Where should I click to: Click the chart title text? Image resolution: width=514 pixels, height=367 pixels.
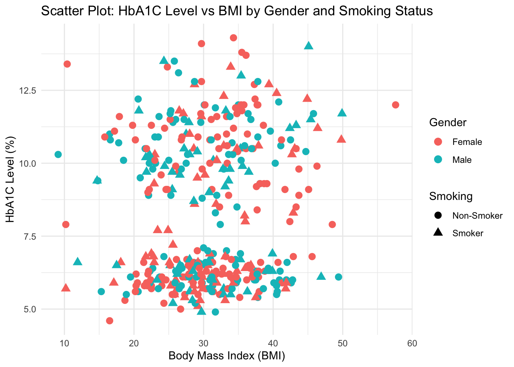237,11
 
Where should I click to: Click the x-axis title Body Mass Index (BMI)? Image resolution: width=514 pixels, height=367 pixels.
227,356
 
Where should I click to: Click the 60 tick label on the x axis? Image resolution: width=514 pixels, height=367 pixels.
412,343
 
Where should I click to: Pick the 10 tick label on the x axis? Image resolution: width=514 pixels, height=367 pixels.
64,343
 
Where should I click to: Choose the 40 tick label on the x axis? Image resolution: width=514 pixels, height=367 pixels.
273,343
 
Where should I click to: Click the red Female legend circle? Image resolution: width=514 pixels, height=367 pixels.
438,142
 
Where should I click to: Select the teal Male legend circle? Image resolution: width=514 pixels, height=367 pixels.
438,160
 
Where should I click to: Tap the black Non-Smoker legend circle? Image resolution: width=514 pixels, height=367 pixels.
438,216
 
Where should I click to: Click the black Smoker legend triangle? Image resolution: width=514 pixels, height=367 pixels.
438,233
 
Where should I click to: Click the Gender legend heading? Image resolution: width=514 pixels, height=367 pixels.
448,122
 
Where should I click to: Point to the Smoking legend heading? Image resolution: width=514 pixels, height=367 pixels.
451,196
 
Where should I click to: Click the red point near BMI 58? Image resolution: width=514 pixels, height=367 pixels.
395,105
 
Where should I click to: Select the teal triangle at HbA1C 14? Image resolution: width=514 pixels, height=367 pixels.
309,45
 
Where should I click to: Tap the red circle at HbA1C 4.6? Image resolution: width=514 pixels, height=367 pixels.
110,320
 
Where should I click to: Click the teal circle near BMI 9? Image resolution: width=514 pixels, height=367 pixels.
58,154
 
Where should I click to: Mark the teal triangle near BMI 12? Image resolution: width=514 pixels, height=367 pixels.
78,261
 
